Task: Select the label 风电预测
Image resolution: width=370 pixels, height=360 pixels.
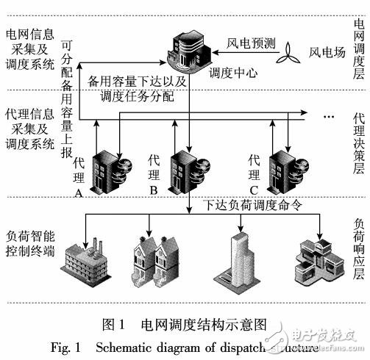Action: click(250, 43)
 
